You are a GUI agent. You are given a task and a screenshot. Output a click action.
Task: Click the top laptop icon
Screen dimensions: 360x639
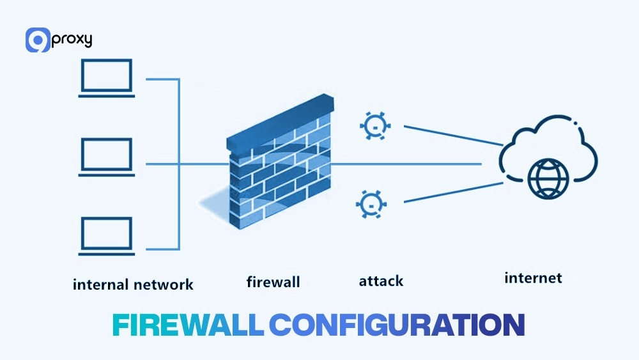106,78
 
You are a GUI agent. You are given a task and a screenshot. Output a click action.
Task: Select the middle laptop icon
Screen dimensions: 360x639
106,156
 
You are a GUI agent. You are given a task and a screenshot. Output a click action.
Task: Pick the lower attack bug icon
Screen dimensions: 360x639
369,203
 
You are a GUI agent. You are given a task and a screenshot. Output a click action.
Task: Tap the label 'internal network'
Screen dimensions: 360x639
133,284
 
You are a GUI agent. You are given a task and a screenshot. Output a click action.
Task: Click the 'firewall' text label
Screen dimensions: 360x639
273,282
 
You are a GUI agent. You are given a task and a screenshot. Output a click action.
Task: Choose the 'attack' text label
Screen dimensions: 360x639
381,281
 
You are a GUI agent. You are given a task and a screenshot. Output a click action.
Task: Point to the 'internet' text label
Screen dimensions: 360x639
533,278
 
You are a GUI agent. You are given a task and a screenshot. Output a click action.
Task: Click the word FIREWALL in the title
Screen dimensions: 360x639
188,325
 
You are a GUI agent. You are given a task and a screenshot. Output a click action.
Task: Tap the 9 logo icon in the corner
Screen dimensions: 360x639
38,40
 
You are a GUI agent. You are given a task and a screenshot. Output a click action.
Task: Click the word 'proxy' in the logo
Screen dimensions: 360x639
72,40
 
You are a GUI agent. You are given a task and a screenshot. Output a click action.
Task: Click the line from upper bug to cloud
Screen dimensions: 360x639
454,135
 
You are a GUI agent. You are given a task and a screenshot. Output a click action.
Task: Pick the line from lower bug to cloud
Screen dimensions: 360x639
454,192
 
